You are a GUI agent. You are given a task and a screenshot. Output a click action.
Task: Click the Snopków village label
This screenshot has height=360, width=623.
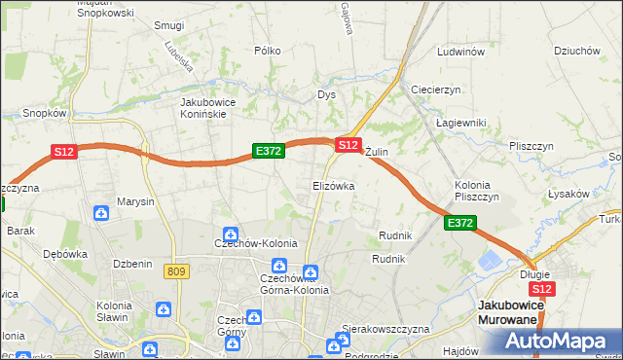pyautogui.click(x=44, y=113)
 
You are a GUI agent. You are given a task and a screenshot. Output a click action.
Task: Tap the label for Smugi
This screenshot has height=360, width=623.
pyautogui.click(x=169, y=24)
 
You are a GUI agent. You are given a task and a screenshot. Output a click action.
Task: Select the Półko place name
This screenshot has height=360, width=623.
pyautogui.click(x=267, y=51)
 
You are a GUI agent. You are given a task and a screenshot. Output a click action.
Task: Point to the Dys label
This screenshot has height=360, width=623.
pyautogui.click(x=326, y=94)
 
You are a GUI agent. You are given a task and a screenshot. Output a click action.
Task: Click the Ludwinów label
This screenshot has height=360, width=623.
pyautogui.click(x=461, y=52)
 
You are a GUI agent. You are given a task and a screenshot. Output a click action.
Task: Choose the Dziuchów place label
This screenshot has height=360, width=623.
pyautogui.click(x=574, y=52)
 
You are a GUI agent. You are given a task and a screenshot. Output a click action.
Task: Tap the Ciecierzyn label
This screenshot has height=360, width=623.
pyautogui.click(x=435, y=89)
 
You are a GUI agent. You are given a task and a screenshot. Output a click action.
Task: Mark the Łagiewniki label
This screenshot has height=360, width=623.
pyautogui.click(x=460, y=123)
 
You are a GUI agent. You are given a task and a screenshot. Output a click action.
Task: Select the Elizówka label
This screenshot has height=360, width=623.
pyautogui.click(x=333, y=185)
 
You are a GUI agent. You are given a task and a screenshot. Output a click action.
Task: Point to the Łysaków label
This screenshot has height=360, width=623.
pyautogui.click(x=568, y=194)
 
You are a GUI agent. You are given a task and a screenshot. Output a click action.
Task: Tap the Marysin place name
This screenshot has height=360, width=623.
pyautogui.click(x=135, y=202)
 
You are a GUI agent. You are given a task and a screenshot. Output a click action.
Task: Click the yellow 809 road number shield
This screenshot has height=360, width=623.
pyautogui.click(x=176, y=271)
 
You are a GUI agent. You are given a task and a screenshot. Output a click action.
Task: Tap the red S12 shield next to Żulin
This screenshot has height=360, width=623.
pyautogui.click(x=348, y=144)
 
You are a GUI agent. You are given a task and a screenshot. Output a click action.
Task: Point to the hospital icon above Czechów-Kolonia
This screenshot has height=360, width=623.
pyautogui.click(x=230, y=234)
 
